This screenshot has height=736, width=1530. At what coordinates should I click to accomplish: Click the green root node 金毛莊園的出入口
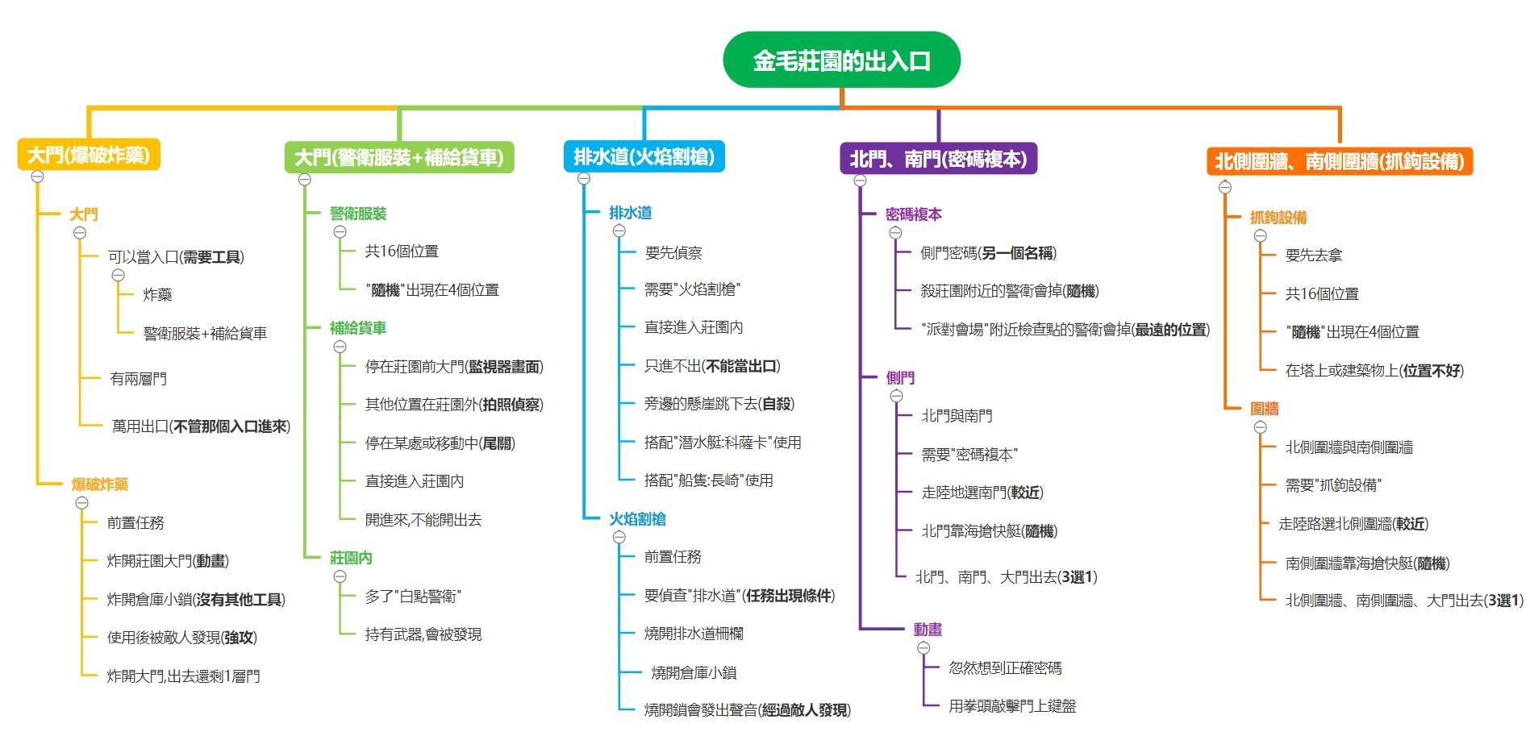point(841,60)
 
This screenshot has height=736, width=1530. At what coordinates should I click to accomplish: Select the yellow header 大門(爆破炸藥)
point(89,154)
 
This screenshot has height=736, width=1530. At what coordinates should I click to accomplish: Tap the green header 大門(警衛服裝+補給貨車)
point(399,156)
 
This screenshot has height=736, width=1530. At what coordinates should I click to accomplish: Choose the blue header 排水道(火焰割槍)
point(644,156)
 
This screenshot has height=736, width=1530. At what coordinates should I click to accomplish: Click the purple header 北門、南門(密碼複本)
point(938,158)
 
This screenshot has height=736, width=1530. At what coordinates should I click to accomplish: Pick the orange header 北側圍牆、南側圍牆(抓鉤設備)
point(1340,160)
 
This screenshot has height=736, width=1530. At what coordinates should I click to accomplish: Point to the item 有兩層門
point(138,378)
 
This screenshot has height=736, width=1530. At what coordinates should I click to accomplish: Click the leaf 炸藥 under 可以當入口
point(158,295)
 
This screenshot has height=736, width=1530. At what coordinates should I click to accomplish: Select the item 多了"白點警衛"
point(413,596)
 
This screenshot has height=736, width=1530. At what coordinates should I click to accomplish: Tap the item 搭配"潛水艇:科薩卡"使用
point(723,442)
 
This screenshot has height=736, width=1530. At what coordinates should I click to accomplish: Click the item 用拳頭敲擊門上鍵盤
point(1012,706)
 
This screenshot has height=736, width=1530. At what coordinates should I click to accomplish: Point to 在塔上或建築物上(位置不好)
point(1374,370)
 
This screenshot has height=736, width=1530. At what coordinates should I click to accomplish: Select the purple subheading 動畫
point(928,630)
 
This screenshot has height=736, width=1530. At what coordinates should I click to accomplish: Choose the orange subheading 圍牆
point(1264,409)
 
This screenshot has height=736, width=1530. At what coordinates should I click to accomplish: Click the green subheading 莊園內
point(351,558)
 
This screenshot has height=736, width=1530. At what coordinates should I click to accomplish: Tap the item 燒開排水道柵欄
point(694,634)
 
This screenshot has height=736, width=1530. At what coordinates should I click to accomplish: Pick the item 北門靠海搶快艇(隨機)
point(989,531)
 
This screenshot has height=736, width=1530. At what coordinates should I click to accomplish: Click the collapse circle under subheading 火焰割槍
point(619,537)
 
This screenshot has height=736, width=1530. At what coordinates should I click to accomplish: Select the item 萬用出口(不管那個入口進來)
point(201,426)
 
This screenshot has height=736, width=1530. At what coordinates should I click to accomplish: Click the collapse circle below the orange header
point(1225,187)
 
